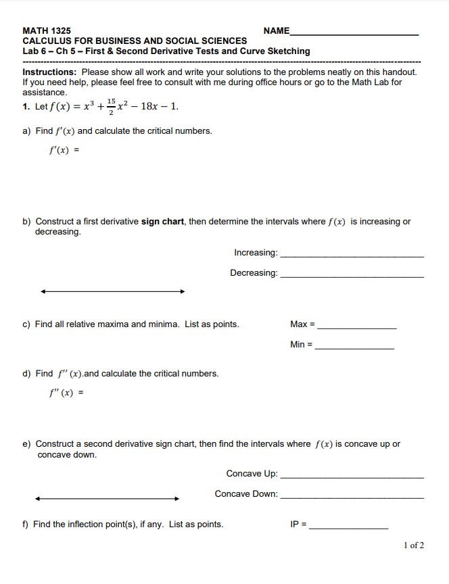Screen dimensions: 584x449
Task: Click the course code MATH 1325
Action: point(47,30)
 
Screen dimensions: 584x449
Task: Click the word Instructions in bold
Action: point(49,72)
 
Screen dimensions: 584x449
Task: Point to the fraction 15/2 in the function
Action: point(111,106)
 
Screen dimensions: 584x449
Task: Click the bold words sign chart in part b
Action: point(162,221)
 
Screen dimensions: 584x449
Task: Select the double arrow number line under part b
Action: point(112,292)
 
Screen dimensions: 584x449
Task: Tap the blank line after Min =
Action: point(354,348)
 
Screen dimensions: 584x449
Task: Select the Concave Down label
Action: point(246,494)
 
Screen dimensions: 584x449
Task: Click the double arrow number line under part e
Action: point(107,499)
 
